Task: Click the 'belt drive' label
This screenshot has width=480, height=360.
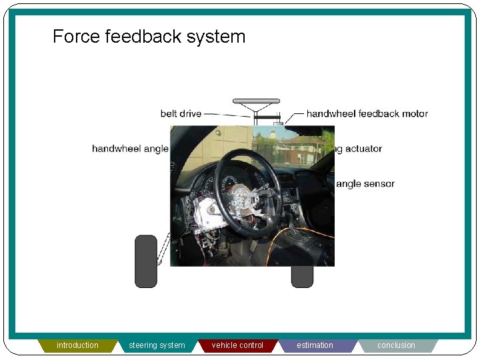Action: pos(181,113)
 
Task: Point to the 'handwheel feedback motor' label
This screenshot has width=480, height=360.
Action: pos(367,113)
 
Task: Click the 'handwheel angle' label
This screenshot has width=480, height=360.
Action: pos(130,149)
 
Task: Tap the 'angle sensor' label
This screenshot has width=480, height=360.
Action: pos(365,184)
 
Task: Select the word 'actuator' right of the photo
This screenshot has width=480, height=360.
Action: pos(363,149)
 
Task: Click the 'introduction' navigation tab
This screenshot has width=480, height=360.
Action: pos(77,345)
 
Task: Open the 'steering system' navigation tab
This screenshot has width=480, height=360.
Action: pos(157,345)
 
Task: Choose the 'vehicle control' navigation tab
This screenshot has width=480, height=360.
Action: pos(237,345)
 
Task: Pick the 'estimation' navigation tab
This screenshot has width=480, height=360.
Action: pos(315,345)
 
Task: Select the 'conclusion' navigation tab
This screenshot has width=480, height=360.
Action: pos(396,345)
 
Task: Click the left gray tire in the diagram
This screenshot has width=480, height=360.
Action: pos(145,261)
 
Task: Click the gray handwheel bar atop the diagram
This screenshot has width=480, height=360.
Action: pos(256,102)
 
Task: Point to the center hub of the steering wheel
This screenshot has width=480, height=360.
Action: pos(244,197)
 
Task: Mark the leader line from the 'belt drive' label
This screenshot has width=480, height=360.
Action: pos(227,115)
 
